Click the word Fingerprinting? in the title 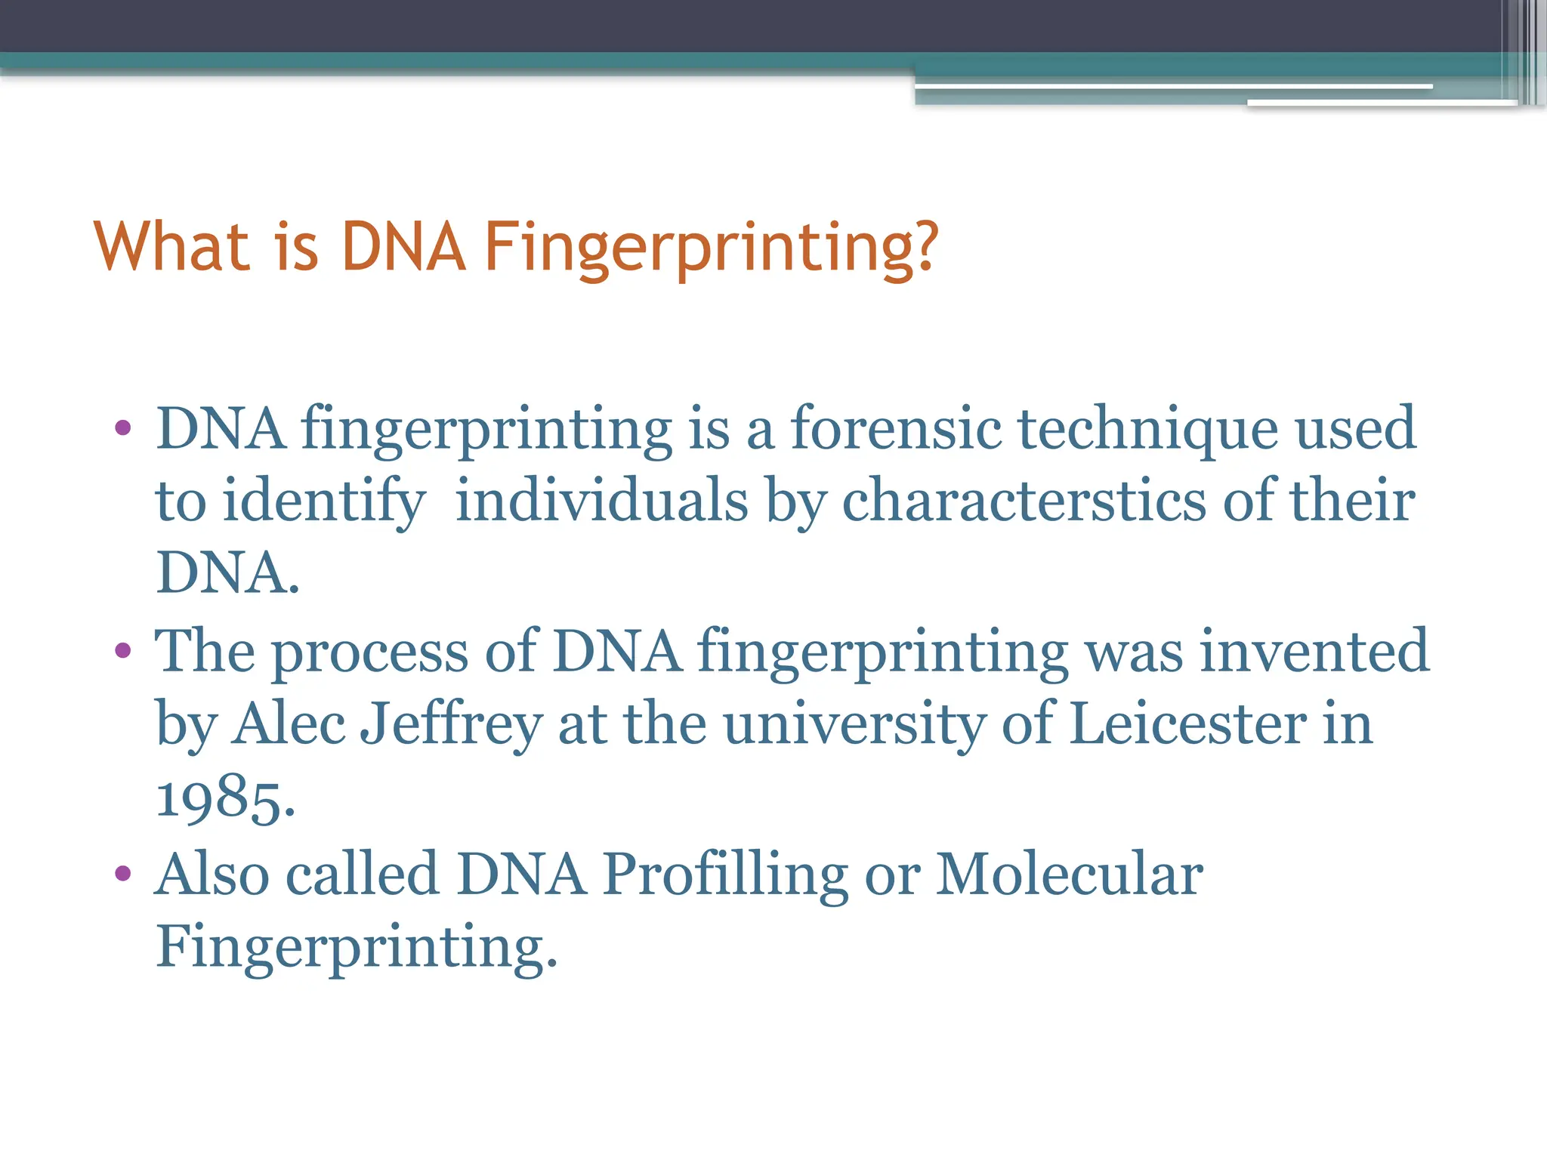coord(710,248)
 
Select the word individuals coord(602,501)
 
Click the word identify coord(323,501)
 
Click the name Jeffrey coord(451,725)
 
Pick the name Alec coord(289,725)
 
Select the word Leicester coord(1188,725)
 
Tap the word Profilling coord(725,875)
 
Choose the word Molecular coord(1069,875)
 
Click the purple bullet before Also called coord(123,875)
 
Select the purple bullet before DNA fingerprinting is coord(123,429)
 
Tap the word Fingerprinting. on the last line coord(355,947)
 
